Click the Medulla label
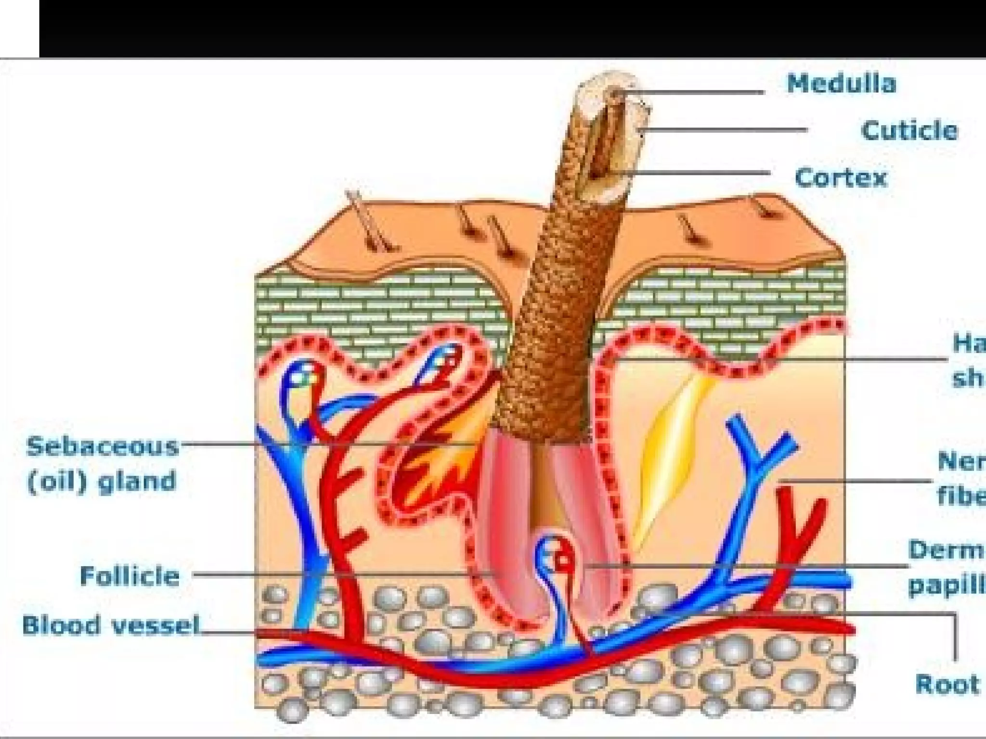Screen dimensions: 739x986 [x=842, y=84]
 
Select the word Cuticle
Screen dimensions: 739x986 [x=909, y=131]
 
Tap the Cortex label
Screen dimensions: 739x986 [x=841, y=178]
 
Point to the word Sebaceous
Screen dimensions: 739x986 [x=102, y=447]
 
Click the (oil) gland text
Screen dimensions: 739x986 [x=101, y=482]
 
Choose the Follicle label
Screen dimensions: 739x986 [x=130, y=576]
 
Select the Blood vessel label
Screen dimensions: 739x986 [x=111, y=625]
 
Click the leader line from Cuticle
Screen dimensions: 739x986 [x=727, y=129]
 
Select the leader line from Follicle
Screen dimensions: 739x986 [x=337, y=573]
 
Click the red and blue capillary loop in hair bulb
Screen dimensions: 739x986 [x=558, y=558]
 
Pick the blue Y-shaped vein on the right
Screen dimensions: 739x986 [x=756, y=462]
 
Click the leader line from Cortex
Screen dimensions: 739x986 [x=698, y=173]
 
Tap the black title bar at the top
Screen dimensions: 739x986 [x=510, y=29]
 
